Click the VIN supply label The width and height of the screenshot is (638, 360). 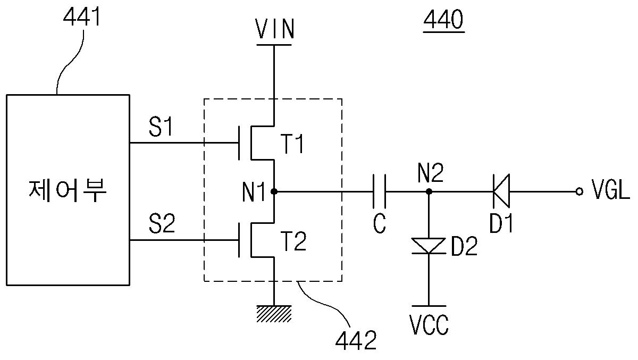[x=274, y=29]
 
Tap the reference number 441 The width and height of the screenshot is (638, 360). [x=82, y=17]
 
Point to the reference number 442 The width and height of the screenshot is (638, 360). [x=356, y=340]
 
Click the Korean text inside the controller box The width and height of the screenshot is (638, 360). [x=68, y=190]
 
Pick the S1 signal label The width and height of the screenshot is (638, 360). [x=161, y=127]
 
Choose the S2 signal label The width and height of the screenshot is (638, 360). [x=162, y=224]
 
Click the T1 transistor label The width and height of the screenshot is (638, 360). [x=292, y=144]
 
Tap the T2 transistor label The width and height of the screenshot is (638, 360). [x=293, y=241]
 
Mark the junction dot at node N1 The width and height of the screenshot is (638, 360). [x=274, y=191]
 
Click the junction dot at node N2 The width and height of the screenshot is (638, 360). [x=429, y=191]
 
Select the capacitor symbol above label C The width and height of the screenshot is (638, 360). [x=380, y=191]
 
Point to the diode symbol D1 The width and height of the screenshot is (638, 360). [x=501, y=191]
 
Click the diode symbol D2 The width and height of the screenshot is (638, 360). [x=429, y=246]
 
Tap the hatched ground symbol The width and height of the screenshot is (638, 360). [x=274, y=314]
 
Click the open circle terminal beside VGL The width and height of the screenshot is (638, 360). [x=580, y=191]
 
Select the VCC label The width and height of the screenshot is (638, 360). [x=429, y=325]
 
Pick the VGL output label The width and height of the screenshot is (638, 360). [x=610, y=189]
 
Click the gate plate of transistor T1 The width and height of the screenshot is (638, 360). [x=239, y=143]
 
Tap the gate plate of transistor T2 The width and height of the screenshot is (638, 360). [x=239, y=240]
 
